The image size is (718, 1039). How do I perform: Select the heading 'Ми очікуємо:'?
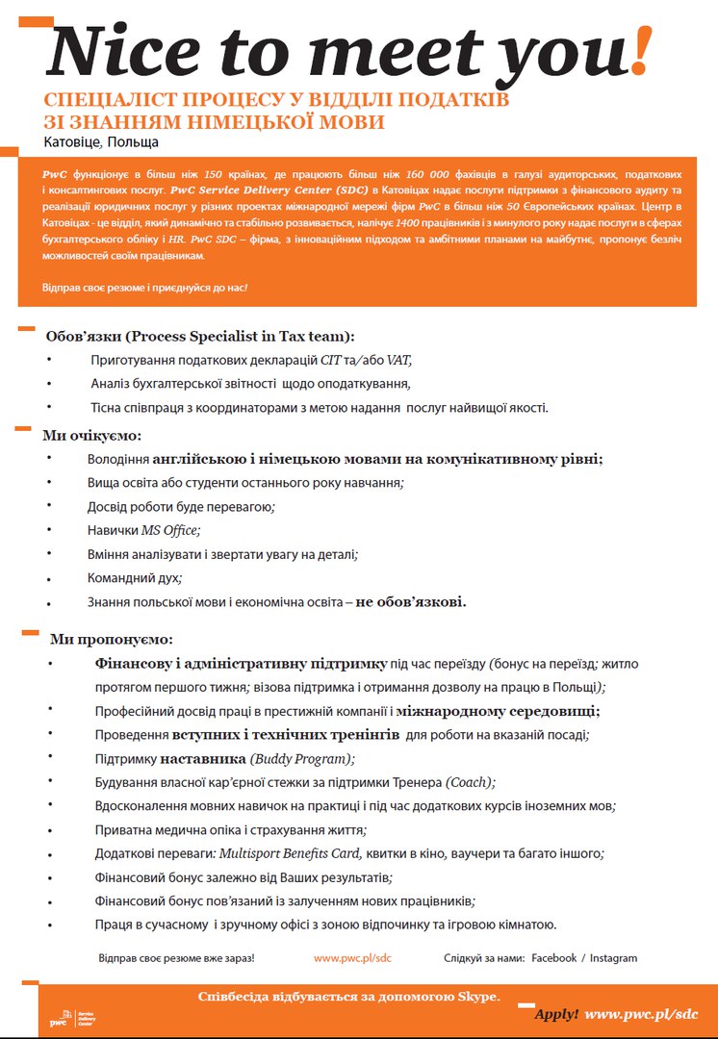coord(91,435)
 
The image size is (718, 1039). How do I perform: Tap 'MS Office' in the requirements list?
coord(170,530)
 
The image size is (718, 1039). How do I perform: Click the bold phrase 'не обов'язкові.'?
coord(411,602)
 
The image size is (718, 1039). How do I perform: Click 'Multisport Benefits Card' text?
coord(290,853)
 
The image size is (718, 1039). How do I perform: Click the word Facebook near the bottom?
coord(553,958)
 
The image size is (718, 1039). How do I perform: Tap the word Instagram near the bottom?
coord(613,958)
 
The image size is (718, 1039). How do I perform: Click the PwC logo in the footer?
coord(60,1018)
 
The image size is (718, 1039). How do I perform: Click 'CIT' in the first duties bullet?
coord(331,360)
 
